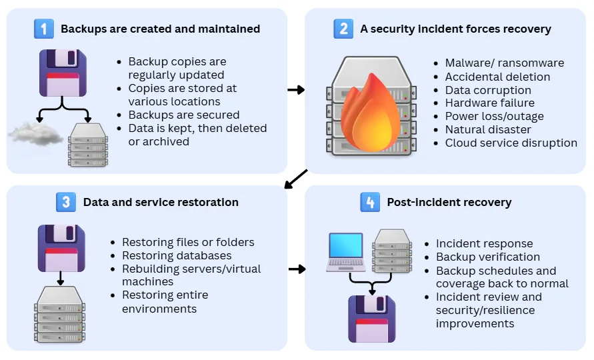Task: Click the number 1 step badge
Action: point(44,29)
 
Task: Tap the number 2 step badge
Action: point(343,29)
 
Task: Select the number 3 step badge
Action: point(65,202)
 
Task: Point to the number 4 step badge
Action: point(370,202)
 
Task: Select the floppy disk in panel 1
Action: point(62,73)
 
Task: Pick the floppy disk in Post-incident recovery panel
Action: point(372,319)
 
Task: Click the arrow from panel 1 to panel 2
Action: point(296,89)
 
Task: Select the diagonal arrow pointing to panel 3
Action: point(296,179)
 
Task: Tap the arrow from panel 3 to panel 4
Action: point(296,269)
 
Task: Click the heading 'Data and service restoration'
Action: point(161,202)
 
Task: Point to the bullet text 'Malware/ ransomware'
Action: point(505,63)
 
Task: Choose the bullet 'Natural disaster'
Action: point(488,129)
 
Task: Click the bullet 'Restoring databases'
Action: point(177,255)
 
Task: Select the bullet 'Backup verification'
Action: point(488,257)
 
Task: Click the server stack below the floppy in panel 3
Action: point(61,312)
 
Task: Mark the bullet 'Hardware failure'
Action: point(490,103)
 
